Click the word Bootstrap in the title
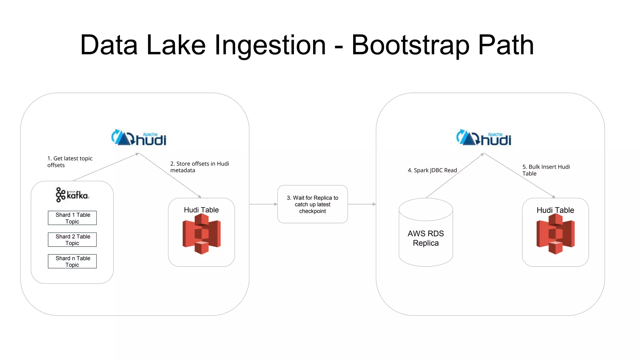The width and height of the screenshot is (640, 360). [x=410, y=45]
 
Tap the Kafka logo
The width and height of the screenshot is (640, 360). [x=72, y=195]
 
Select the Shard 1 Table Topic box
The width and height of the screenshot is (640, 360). [x=72, y=218]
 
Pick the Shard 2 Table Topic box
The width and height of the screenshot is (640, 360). [x=72, y=240]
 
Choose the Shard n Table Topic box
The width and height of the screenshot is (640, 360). [x=72, y=261]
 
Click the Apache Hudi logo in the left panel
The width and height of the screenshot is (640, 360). [x=139, y=138]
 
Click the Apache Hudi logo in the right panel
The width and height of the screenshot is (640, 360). [x=484, y=138]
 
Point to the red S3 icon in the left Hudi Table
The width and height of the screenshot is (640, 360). [x=202, y=234]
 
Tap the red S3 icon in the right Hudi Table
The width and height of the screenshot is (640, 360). [x=555, y=234]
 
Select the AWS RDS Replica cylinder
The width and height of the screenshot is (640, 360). [x=426, y=233]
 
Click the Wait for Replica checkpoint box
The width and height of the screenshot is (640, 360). [x=312, y=204]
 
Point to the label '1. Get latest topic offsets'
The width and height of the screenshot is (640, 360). [x=70, y=162]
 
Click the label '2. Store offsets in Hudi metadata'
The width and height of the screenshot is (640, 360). [x=199, y=167]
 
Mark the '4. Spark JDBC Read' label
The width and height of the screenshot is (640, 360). [x=432, y=170]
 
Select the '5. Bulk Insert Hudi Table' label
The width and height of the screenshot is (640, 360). [x=546, y=170]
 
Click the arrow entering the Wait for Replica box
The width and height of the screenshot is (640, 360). [x=263, y=204]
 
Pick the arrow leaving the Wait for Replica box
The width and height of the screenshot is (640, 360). [x=362, y=204]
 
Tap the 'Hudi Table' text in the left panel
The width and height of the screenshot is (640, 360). [x=201, y=210]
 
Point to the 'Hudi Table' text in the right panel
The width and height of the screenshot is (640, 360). [x=555, y=210]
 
